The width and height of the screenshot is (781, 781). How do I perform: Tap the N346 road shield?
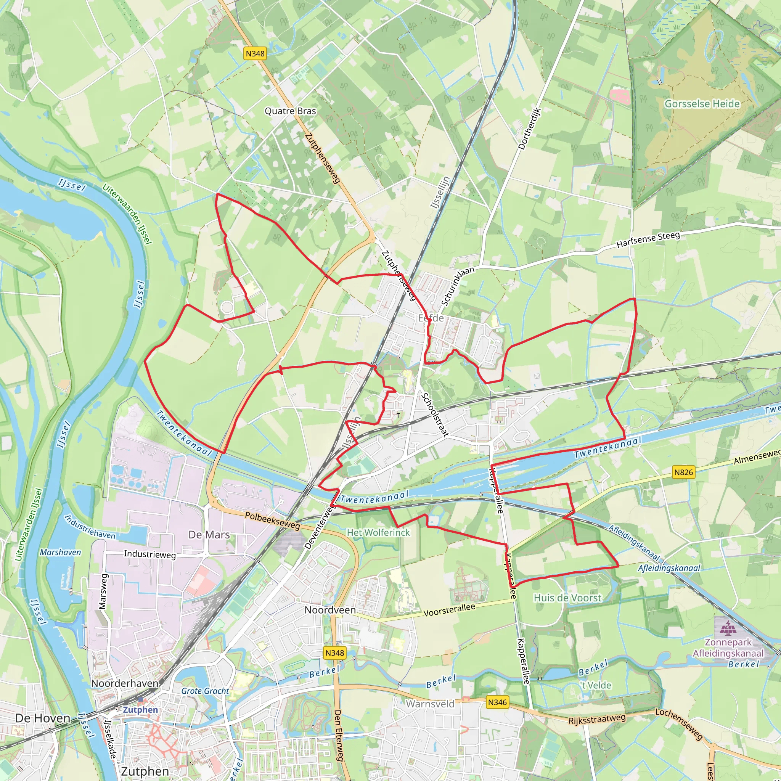[x=497, y=702]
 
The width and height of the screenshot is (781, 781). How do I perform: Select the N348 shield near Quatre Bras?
[x=255, y=53]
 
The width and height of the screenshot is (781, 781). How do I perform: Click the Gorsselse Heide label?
[x=702, y=104]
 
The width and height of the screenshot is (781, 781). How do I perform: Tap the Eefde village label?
[x=431, y=318]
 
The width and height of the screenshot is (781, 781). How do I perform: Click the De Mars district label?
[x=209, y=535]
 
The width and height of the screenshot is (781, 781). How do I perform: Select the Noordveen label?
[x=330, y=610]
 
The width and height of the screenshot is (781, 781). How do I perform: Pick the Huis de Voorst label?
[x=567, y=598]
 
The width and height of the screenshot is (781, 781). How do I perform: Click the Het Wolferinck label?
[x=378, y=533]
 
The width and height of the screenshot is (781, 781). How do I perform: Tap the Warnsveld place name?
[x=430, y=704]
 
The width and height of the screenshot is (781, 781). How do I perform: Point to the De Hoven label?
[x=42, y=718]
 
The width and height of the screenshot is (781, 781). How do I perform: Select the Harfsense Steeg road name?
[x=648, y=239]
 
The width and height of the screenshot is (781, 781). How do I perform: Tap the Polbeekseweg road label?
[x=272, y=521]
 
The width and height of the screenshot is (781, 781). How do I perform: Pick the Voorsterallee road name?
[x=449, y=610]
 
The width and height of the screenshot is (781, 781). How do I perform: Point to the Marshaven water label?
[x=60, y=552]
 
